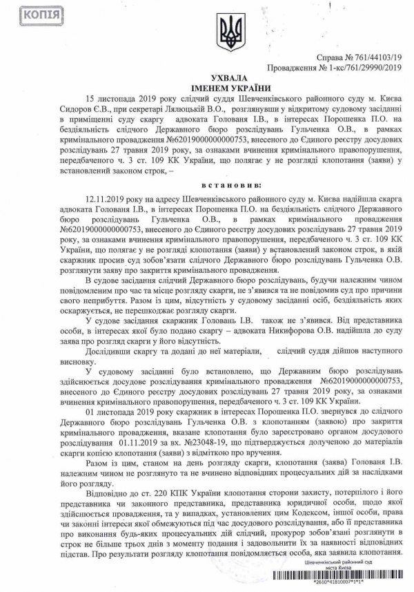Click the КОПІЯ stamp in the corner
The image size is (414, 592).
[26, 15]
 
